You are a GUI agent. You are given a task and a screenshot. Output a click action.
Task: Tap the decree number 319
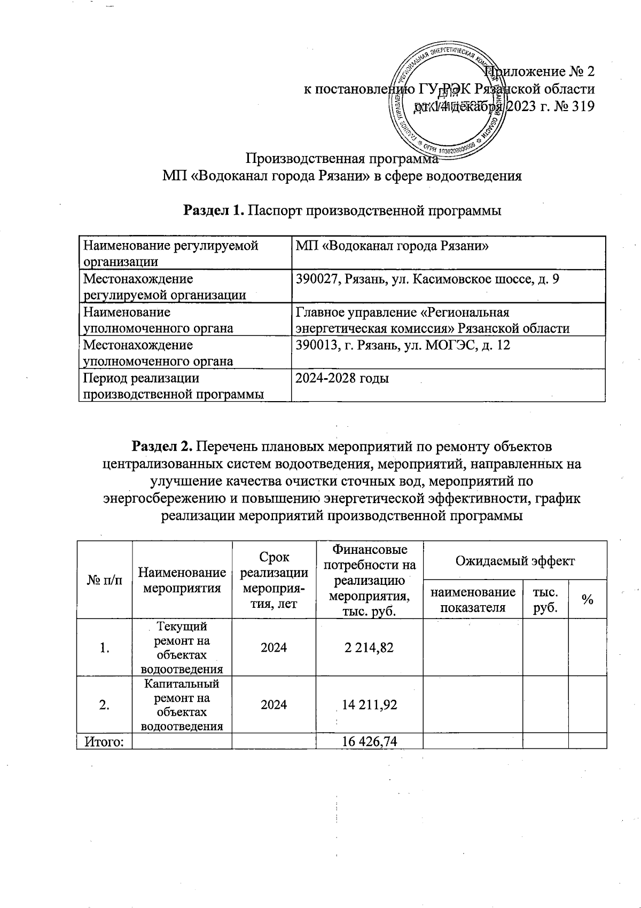582,106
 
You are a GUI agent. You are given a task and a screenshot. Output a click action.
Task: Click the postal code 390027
318,279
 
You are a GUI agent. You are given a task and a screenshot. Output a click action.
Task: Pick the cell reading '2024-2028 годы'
342,379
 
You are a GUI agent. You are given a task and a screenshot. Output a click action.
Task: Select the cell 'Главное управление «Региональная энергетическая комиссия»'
433,320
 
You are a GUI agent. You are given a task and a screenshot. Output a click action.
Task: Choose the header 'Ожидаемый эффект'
514,561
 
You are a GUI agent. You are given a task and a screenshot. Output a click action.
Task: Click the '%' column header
588,600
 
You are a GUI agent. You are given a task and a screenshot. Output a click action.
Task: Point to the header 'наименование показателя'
473,600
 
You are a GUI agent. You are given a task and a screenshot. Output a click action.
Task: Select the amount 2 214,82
369,648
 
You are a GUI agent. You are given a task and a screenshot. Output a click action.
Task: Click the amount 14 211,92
369,705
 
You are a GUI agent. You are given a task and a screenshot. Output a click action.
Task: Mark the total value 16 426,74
369,741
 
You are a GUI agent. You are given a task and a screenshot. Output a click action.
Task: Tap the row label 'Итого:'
105,741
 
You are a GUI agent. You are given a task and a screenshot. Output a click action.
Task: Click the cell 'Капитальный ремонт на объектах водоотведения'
182,705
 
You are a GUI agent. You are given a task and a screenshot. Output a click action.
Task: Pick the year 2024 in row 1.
273,648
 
